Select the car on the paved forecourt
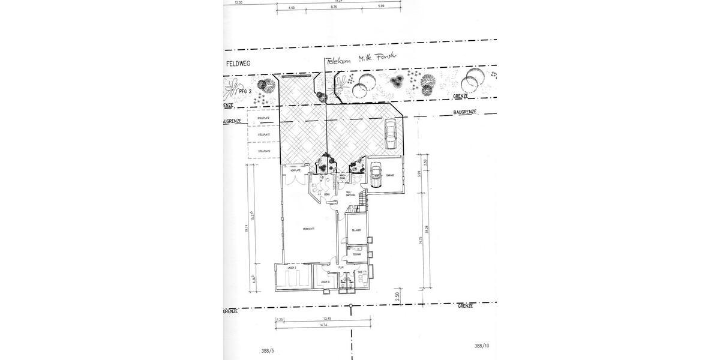coord(390,133)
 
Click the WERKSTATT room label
coord(309,229)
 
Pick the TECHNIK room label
coord(356,254)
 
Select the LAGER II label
coord(325,281)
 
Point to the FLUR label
coord(340,268)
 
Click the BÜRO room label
coord(328,195)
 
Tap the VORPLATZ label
coord(294,171)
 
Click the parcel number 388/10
coord(481,346)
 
